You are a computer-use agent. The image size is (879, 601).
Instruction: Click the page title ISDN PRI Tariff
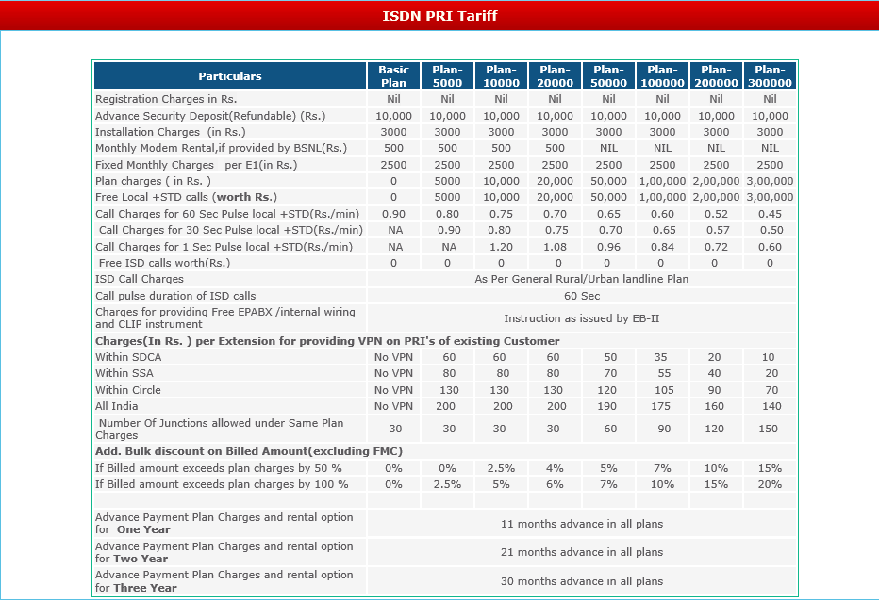click(439, 16)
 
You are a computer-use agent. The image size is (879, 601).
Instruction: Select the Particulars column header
click(230, 76)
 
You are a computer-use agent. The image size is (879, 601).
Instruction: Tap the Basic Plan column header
click(393, 76)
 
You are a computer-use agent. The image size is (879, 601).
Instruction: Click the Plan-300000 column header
click(770, 76)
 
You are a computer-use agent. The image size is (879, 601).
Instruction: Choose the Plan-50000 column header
click(608, 76)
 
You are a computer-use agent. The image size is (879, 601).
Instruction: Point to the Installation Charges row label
click(170, 132)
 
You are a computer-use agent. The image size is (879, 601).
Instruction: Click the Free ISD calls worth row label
click(164, 263)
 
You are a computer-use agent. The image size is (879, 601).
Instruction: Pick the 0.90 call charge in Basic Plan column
click(393, 214)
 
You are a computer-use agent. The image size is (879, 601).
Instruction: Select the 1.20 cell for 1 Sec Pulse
click(501, 247)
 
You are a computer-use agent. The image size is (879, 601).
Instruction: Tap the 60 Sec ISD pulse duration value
click(581, 296)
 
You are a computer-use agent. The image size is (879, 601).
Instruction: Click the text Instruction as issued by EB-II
click(581, 318)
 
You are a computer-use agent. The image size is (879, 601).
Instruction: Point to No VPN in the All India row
click(393, 406)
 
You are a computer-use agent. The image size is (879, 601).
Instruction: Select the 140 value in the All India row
click(770, 406)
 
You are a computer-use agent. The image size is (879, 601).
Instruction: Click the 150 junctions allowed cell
click(770, 429)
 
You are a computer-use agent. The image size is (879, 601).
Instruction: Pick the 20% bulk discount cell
click(770, 484)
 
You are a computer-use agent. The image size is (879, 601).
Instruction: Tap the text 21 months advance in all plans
click(581, 552)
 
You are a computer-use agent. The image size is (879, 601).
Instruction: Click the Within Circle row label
click(128, 390)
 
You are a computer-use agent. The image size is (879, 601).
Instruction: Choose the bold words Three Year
click(145, 588)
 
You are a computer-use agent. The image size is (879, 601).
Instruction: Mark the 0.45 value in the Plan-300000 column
click(770, 214)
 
